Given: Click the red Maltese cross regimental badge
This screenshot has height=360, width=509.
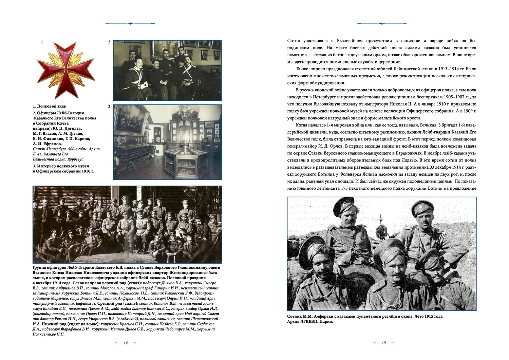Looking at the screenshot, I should pos(65,69).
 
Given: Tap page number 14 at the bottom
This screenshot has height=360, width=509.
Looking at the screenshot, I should pos(125,343).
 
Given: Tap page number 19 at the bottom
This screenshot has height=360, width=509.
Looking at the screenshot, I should pos(384,343).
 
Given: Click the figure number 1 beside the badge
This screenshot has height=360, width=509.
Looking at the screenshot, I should pos(42,42).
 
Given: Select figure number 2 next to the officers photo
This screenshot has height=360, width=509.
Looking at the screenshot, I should pos(109,42).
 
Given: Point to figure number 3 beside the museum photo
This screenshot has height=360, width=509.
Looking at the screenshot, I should pos(109,106).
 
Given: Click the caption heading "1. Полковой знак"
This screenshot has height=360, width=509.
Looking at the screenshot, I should pos(50,106).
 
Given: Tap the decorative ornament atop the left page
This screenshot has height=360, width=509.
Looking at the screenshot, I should pos(130,24).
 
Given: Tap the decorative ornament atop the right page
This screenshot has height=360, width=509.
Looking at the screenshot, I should pos(382,24).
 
